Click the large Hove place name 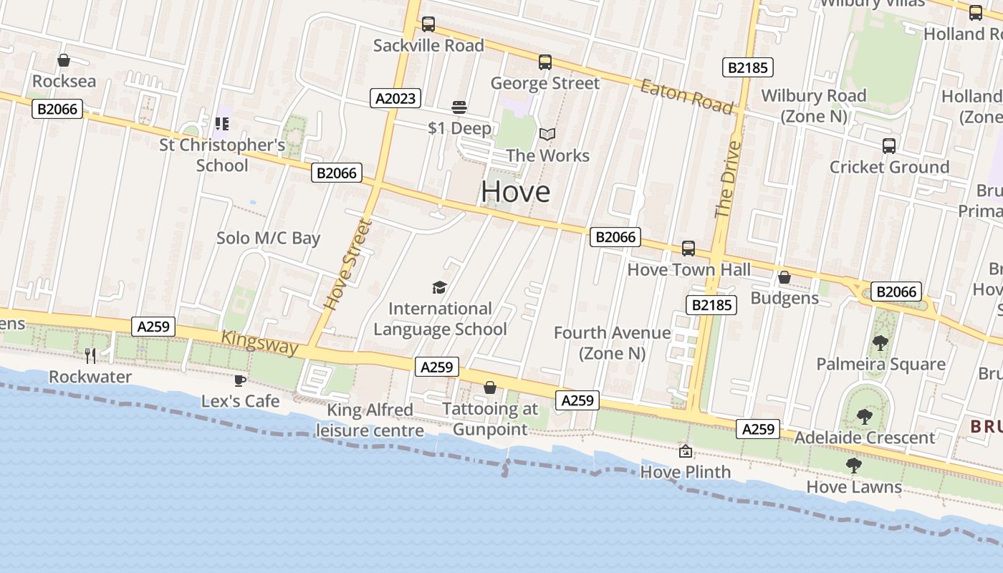coord(515,191)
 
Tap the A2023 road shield coord(395,98)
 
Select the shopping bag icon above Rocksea coord(64,61)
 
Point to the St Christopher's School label coord(222,155)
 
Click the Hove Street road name coord(348,264)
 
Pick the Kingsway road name coord(259,342)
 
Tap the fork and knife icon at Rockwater coord(90,356)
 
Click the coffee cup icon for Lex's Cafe coord(239,380)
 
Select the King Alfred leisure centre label coord(370,420)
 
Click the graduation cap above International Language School coord(439,288)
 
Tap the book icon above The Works coord(547,135)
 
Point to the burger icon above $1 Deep coord(459,108)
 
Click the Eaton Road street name coord(686,97)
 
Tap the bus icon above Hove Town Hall coord(688,249)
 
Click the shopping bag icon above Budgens coord(784,277)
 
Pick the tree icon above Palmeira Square coord(880,343)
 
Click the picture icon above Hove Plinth coord(686,451)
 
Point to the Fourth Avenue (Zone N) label coord(613,343)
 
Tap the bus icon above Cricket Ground coord(889,146)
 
